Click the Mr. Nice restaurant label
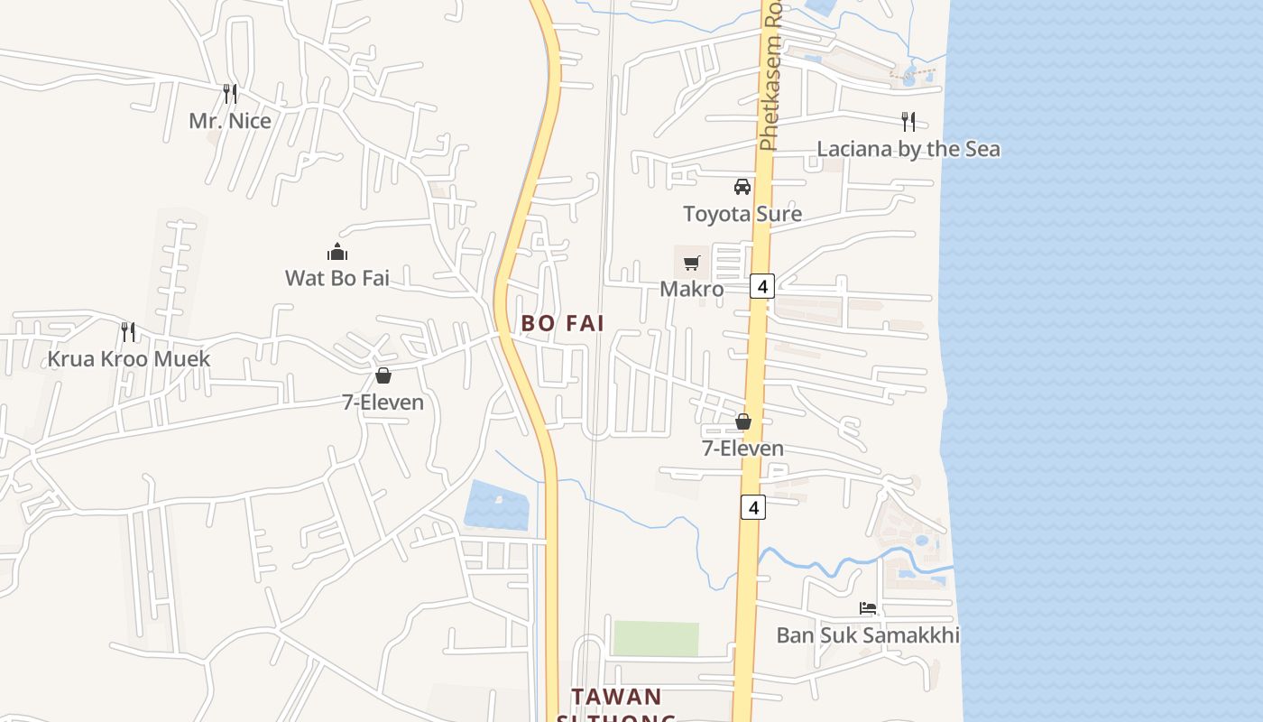click(x=230, y=120)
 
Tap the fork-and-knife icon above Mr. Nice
click(x=230, y=93)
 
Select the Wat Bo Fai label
click(x=337, y=277)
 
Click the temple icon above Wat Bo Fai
click(x=337, y=251)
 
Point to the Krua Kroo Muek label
click(x=129, y=358)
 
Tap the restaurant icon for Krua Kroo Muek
click(x=128, y=332)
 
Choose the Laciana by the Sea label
click(x=908, y=149)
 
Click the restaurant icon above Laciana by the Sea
click(x=908, y=121)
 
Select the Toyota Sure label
click(x=742, y=214)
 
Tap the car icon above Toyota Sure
click(x=742, y=187)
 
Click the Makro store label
click(x=692, y=289)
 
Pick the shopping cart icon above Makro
click(x=692, y=263)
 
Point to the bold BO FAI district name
click(x=563, y=323)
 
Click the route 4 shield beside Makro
click(x=762, y=286)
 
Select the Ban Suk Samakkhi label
click(x=868, y=635)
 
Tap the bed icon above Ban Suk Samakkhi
click(x=868, y=608)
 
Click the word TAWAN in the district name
click(x=617, y=697)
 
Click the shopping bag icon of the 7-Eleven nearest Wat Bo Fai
click(x=383, y=375)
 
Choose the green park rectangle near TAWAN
click(x=656, y=638)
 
